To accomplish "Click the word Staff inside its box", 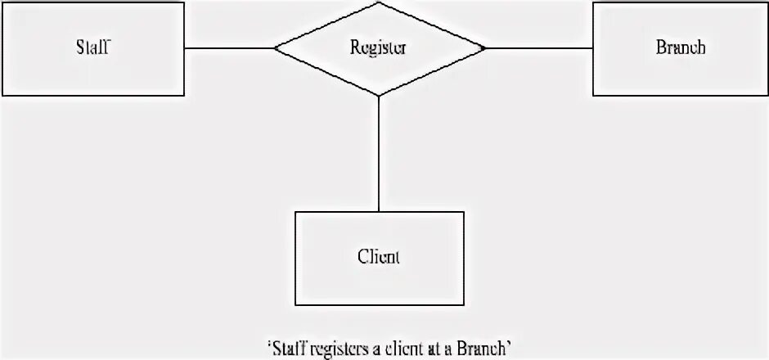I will click(92, 47).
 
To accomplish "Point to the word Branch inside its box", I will click(680, 47).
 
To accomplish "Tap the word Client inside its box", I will click(379, 257).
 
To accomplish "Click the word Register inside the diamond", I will click(379, 47).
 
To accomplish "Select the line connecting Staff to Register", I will click(229, 48).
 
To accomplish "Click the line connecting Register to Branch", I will click(538, 48).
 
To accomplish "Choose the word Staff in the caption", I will click(286, 349).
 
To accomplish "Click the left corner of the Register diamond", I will click(276, 48).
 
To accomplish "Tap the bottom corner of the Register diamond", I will click(379, 96).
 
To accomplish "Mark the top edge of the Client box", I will click(379, 212).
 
